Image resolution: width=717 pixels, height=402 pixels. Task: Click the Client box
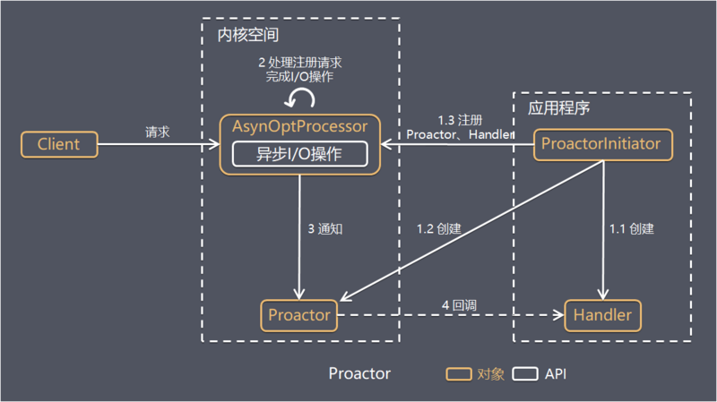(58, 144)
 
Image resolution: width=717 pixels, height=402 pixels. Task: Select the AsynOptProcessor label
(301, 126)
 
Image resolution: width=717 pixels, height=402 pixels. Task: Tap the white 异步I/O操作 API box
(300, 153)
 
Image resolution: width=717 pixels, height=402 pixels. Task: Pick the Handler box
(602, 315)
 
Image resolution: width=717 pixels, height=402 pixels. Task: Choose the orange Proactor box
(299, 315)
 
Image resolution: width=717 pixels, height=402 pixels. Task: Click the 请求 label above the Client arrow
(158, 132)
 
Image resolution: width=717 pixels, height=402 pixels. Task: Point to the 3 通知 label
(325, 229)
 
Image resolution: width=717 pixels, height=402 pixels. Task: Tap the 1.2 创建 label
(439, 228)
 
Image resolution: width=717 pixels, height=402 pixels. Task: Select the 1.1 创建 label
(631, 228)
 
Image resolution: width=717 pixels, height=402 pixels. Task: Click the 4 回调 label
(458, 305)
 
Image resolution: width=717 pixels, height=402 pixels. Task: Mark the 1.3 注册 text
(461, 119)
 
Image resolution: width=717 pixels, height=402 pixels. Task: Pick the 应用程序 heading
(558, 108)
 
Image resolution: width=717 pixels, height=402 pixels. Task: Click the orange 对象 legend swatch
(461, 372)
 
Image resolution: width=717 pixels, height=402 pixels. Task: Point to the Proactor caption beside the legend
(359, 373)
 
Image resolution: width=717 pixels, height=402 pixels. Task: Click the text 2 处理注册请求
(299, 63)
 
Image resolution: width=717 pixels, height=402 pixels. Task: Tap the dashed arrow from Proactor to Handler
(448, 315)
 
